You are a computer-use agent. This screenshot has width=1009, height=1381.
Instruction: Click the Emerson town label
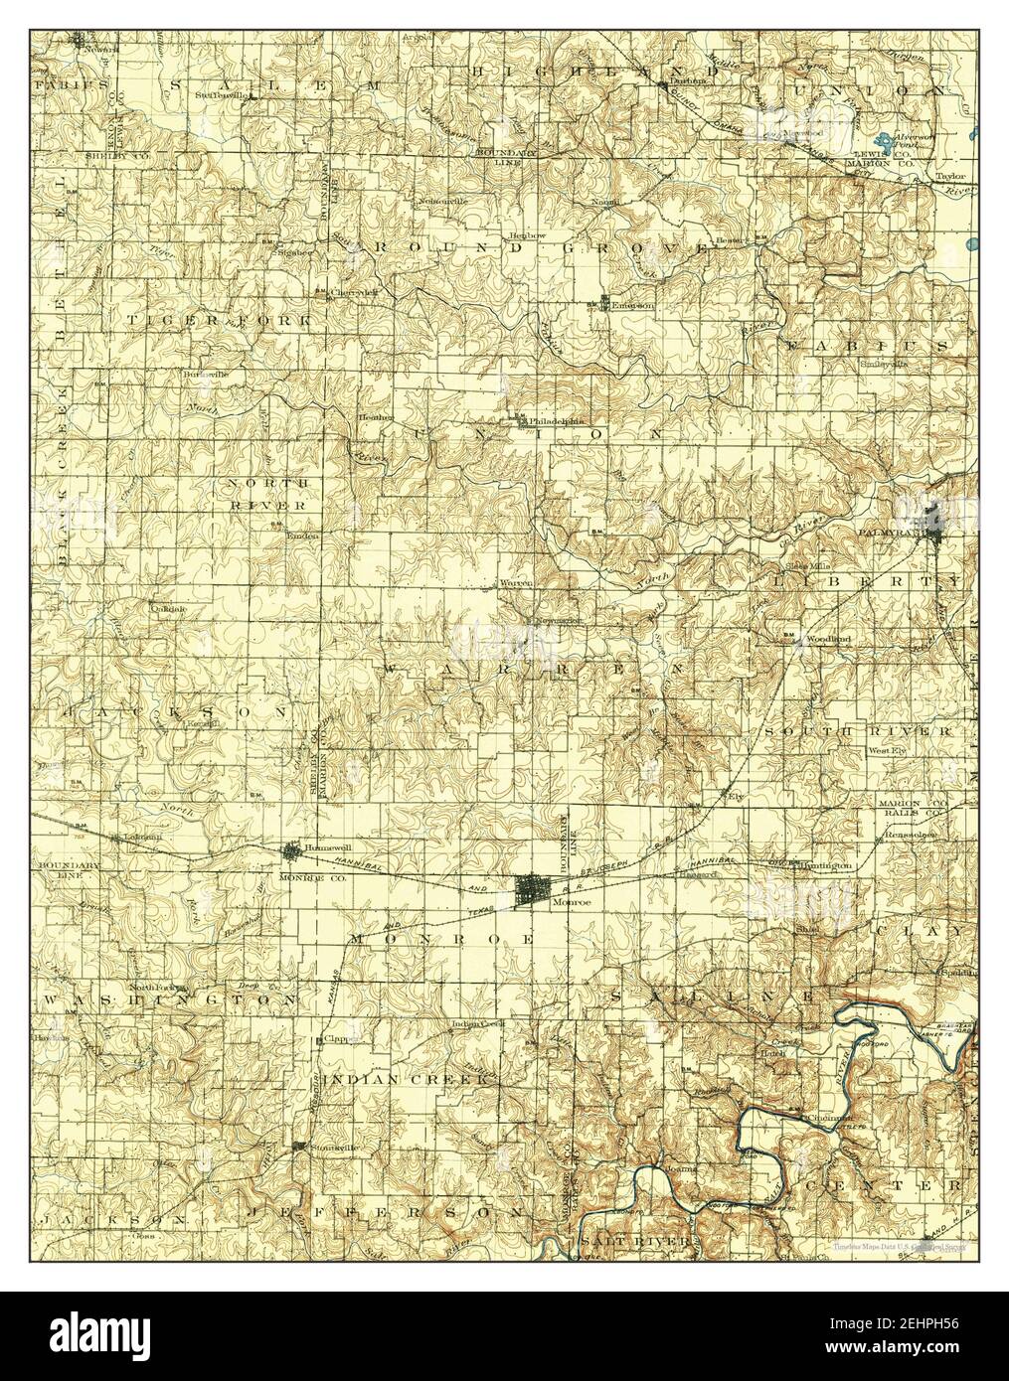click(633, 306)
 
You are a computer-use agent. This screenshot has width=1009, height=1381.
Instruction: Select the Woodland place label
click(828, 639)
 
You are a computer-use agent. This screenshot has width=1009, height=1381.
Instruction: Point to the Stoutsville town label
click(335, 1147)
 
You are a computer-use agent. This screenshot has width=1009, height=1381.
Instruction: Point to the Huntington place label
click(826, 866)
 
